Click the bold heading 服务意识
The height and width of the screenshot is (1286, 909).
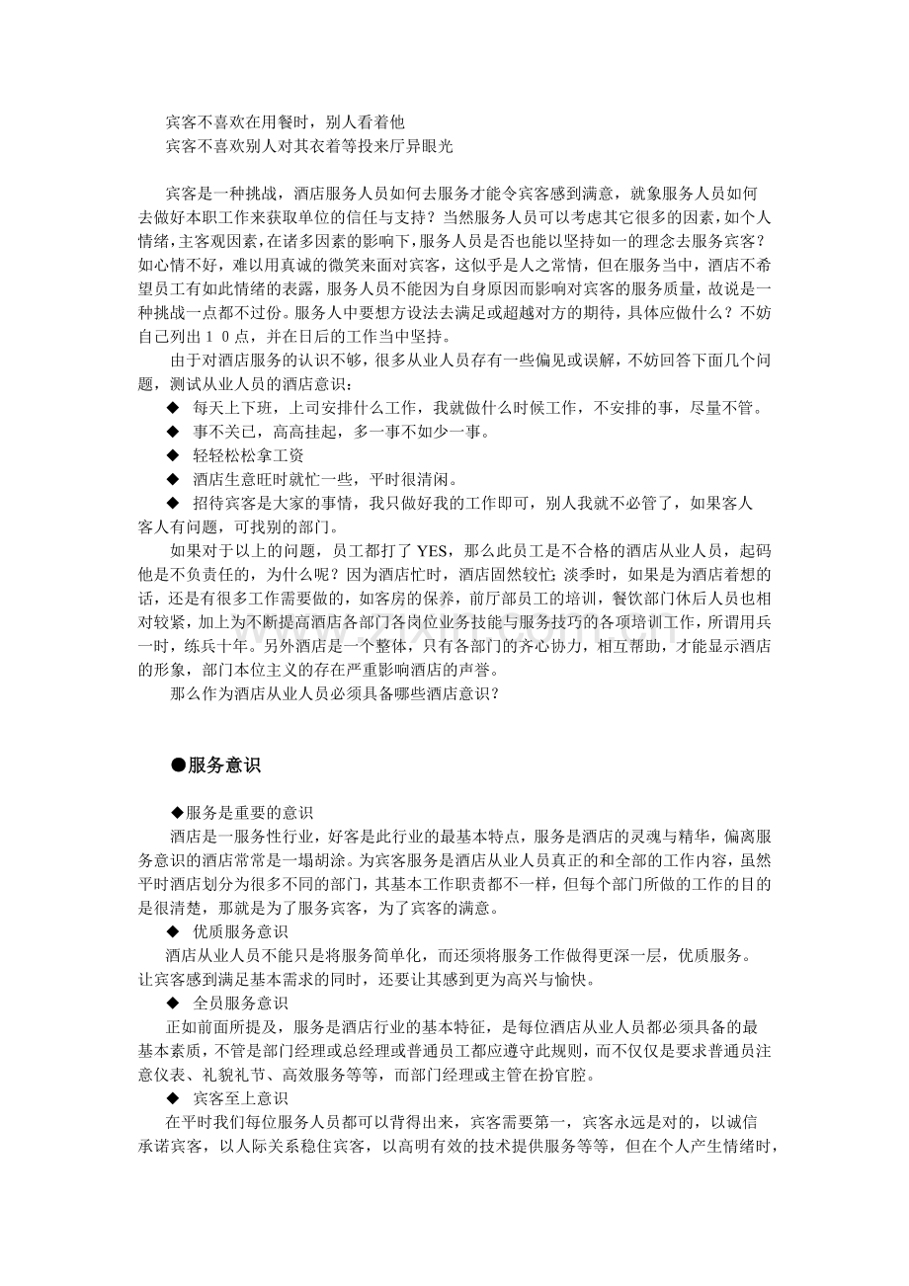(224, 765)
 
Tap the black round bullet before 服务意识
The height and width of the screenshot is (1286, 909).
(178, 765)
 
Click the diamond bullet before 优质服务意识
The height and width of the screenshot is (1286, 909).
(173, 932)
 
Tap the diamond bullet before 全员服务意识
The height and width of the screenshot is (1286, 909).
(173, 1004)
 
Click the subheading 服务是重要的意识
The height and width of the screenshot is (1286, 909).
(250, 814)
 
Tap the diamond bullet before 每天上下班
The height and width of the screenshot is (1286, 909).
(173, 408)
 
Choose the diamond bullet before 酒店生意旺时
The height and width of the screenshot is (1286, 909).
(173, 479)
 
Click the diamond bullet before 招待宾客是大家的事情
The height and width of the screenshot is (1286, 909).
(173, 503)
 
